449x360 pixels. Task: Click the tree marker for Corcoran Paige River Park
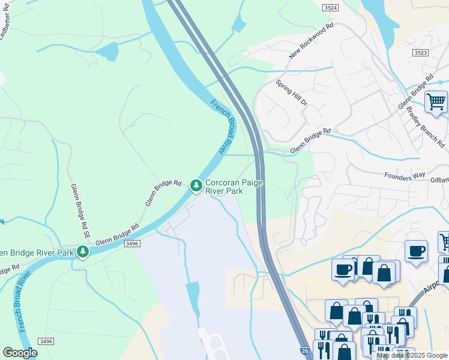coord(196,186)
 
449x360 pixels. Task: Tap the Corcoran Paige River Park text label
coord(233,187)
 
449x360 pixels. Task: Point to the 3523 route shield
coord(421,53)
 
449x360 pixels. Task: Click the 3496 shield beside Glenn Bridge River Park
coord(133,244)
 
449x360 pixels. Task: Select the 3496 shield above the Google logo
coord(45,341)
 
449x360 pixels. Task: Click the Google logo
coord(20,353)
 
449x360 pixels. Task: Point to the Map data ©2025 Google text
coord(411,355)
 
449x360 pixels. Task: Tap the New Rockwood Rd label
coord(310,41)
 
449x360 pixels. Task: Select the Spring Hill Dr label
coord(292,93)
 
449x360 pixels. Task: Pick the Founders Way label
coord(405,176)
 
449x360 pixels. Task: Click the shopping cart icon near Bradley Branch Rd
coord(436,101)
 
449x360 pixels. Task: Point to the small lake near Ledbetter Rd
coord(108,52)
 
